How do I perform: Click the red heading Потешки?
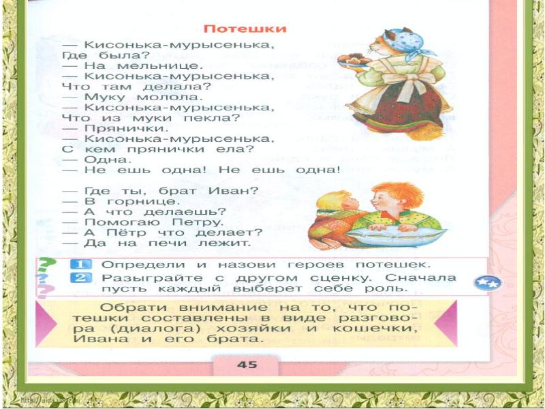click(245, 29)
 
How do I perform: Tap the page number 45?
click(247, 364)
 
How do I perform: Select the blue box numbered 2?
click(80, 277)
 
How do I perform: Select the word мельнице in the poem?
click(164, 66)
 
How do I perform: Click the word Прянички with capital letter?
click(125, 127)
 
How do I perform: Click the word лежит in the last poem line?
click(228, 242)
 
